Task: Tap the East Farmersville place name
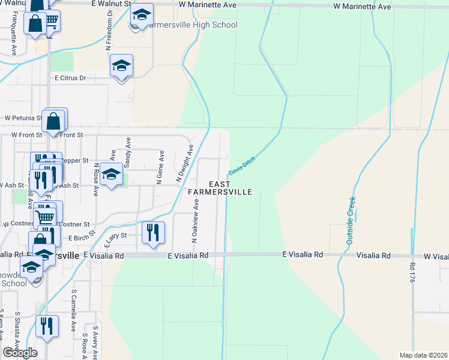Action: coord(219,188)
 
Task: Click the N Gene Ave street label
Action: coord(160,167)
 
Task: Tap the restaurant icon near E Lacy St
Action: coord(153,231)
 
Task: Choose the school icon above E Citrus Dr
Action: coord(121,66)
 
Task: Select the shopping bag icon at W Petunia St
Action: coord(54,121)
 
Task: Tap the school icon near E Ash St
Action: coord(111,175)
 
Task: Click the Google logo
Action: coord(20,353)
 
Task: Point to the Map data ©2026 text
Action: coord(423,355)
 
